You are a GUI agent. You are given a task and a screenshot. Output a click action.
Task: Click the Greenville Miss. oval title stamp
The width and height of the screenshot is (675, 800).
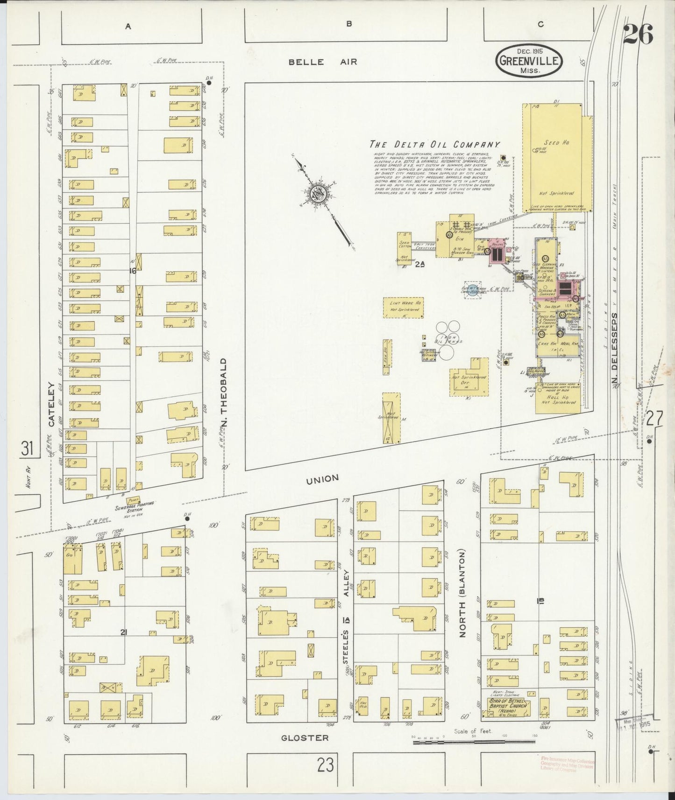tap(529, 60)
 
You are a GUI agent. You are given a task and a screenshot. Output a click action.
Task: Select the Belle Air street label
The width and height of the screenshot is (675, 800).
tap(322, 62)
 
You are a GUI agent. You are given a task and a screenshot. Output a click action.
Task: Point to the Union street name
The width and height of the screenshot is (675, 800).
tap(323, 478)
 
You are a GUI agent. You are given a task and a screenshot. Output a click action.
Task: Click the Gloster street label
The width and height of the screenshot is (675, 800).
tap(305, 738)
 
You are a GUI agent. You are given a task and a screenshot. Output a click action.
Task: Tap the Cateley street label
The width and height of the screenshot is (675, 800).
tap(51, 405)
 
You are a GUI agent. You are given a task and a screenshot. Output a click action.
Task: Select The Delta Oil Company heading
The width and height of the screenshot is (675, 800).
tap(434, 145)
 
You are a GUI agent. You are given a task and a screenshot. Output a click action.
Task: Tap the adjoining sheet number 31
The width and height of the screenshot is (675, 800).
tap(27, 449)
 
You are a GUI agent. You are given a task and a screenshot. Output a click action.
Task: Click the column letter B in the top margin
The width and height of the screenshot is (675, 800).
tap(348, 25)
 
